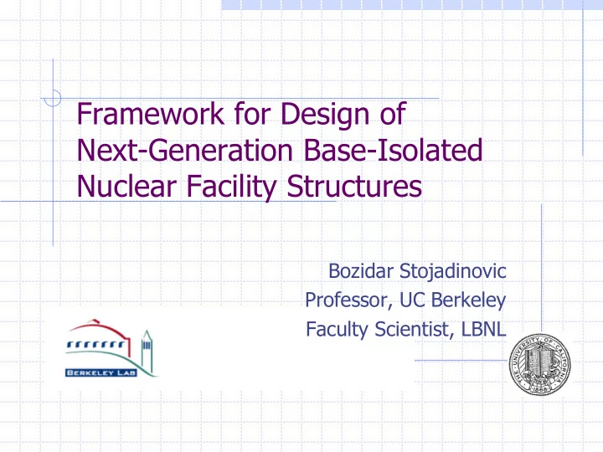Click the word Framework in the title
(x=151, y=113)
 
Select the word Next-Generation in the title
(x=185, y=150)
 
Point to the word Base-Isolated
(x=393, y=150)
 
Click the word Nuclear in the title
(x=126, y=186)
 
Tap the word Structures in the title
(x=354, y=186)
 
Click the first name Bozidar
(x=361, y=271)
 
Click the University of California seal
(x=540, y=364)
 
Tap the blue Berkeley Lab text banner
(x=101, y=372)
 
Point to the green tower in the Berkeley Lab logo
(x=146, y=350)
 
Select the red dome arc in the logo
(x=100, y=331)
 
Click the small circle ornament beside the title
(x=53, y=98)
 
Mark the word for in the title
(x=253, y=113)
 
